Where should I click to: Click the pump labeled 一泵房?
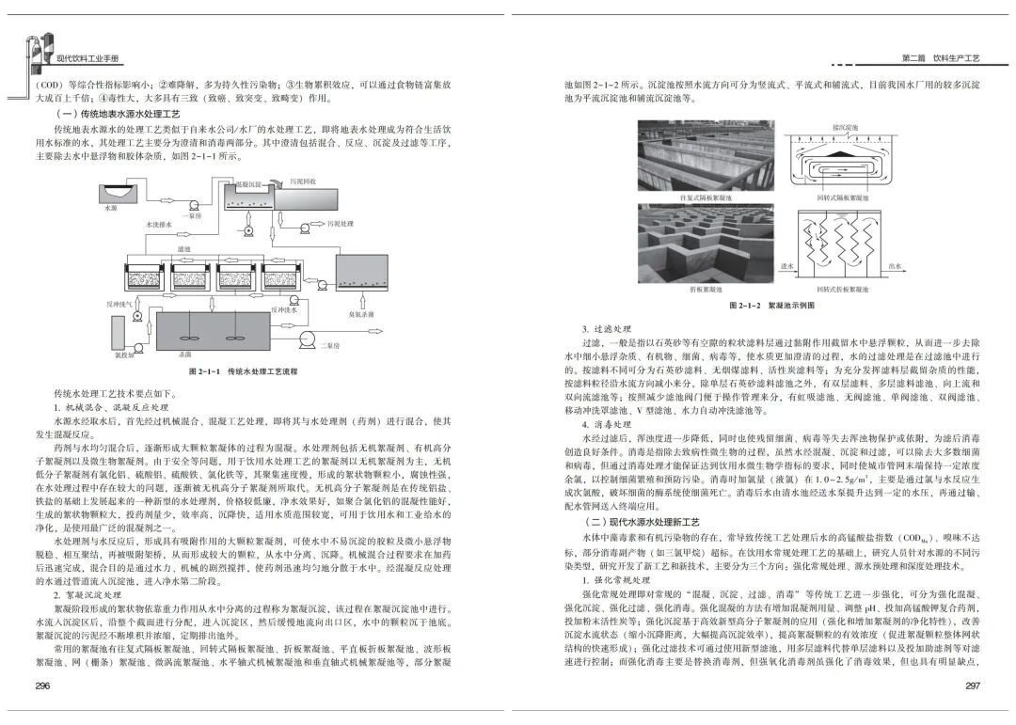click(194, 206)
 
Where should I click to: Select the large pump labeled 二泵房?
click(307, 338)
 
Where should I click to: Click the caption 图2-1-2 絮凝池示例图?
click(770, 307)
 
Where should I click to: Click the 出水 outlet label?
click(896, 267)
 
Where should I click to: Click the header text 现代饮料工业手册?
click(88, 58)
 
